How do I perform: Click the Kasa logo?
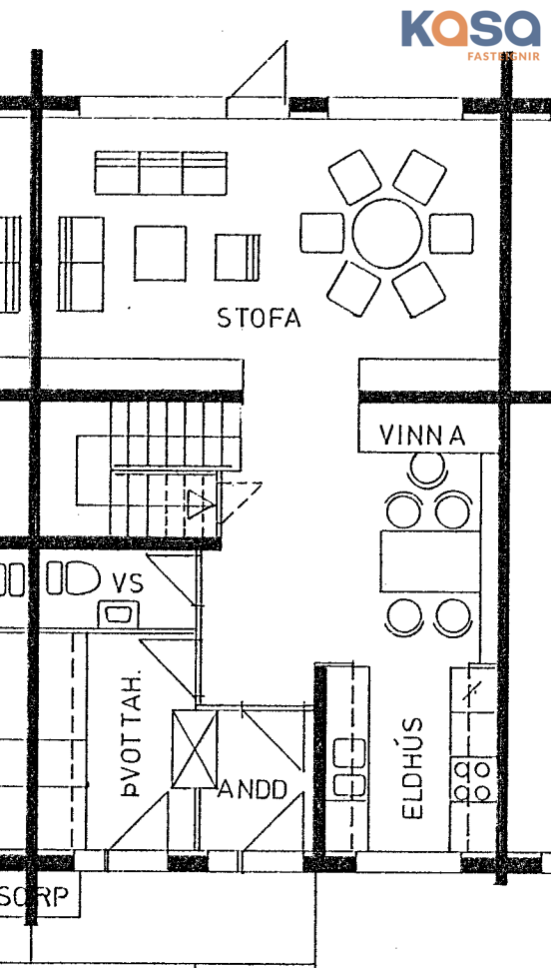point(471,34)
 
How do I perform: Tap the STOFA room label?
point(260,318)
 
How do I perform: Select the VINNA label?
point(422,436)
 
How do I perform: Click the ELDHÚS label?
point(413,768)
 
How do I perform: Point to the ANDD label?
point(254,789)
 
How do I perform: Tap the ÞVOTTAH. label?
point(131,731)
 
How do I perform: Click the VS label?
point(128,582)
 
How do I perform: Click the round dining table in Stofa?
point(387,233)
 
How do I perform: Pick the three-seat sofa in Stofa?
point(161,173)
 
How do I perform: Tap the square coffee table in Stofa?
point(161,253)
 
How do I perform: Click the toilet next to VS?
point(74,577)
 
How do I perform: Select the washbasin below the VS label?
point(118,613)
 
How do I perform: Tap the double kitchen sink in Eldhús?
point(349,767)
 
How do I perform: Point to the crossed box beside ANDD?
point(195,749)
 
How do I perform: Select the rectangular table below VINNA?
point(430,561)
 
